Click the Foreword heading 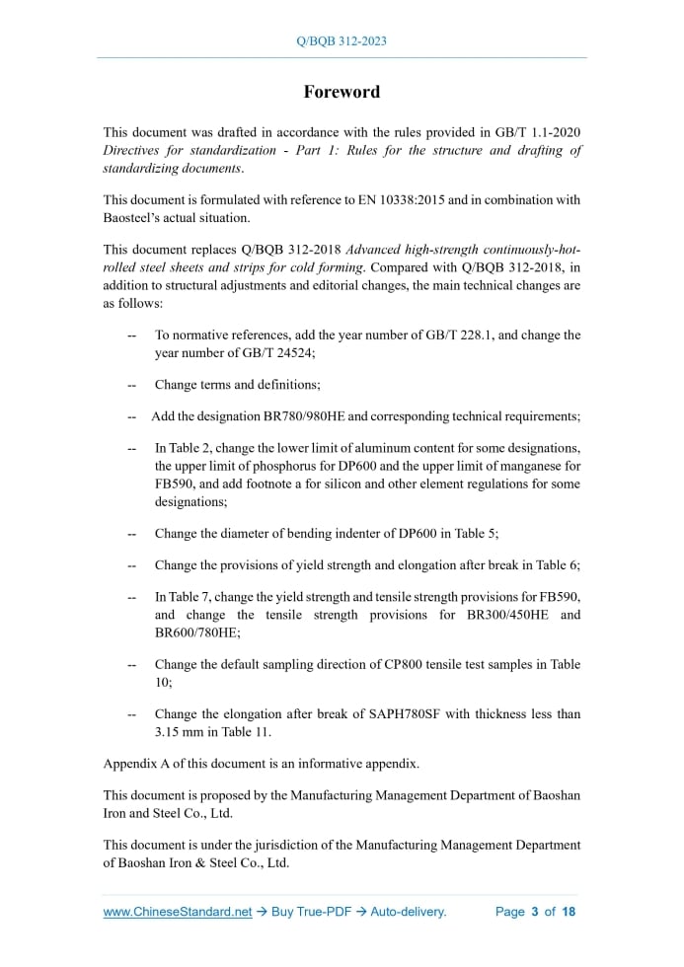[342, 92]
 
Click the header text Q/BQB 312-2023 [342, 41]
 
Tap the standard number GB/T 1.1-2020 [541, 132]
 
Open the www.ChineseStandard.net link [178, 912]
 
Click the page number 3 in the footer [534, 912]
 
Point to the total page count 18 [569, 912]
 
